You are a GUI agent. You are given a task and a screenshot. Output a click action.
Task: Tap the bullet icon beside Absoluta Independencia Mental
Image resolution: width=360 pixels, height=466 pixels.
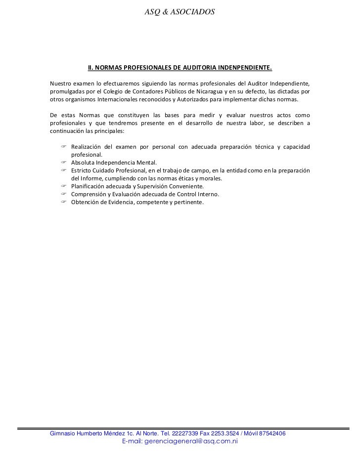click(x=64, y=162)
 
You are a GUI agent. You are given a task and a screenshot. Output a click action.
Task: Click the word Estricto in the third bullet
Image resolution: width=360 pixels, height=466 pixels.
click(x=82, y=170)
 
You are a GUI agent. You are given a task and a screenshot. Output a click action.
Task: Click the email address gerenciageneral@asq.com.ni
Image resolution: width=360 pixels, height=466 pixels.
click(x=180, y=441)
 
